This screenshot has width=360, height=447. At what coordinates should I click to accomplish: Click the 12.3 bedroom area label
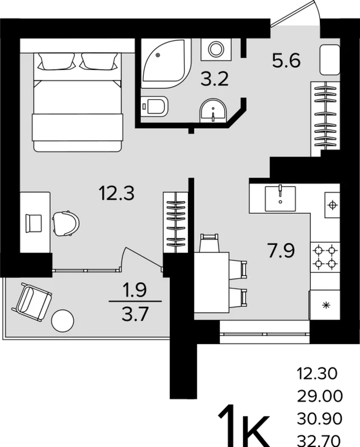(116, 193)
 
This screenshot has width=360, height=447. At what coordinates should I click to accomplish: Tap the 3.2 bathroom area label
(215, 79)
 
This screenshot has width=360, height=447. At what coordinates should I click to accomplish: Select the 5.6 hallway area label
(286, 60)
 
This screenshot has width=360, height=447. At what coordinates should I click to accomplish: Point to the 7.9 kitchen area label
(281, 250)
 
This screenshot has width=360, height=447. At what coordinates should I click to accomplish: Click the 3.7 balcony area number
(135, 315)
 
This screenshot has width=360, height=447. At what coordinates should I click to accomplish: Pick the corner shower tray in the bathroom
(165, 63)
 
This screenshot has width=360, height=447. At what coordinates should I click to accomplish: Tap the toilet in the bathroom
(154, 106)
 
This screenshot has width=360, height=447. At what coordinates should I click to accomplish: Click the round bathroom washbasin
(213, 111)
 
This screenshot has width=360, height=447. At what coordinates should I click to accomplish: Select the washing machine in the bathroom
(216, 49)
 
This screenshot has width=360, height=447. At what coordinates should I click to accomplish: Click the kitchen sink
(280, 198)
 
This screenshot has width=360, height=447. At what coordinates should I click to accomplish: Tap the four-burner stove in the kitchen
(325, 257)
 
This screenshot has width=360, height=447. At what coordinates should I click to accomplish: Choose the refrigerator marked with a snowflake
(325, 305)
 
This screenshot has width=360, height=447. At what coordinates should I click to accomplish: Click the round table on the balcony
(63, 321)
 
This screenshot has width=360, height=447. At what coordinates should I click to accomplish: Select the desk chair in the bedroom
(66, 223)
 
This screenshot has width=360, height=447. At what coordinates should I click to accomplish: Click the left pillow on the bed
(56, 61)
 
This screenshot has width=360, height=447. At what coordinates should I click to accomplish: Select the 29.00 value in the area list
(320, 396)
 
